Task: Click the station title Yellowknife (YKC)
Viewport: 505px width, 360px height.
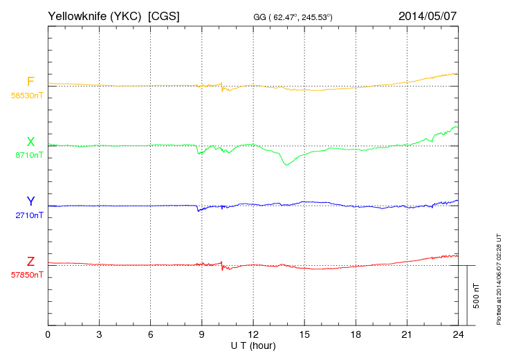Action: (95, 15)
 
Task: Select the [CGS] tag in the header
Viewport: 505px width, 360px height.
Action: (164, 15)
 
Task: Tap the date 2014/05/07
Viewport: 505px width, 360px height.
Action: (428, 15)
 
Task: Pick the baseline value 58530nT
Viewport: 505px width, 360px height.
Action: (27, 96)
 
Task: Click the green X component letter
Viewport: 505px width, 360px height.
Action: (30, 142)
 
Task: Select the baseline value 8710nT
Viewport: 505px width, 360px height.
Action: (29, 155)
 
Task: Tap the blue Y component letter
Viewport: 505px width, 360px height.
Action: (30, 201)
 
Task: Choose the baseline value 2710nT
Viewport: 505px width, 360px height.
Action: (29, 215)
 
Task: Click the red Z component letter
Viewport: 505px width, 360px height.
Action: (30, 262)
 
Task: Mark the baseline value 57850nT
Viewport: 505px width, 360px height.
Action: (27, 275)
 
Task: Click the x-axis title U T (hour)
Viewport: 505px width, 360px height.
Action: (253, 345)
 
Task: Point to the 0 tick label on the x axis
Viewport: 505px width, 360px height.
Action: (48, 334)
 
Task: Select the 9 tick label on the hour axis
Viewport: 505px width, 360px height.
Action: (201, 334)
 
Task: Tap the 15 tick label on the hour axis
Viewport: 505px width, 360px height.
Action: (304, 334)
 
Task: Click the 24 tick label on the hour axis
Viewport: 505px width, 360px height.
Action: (458, 334)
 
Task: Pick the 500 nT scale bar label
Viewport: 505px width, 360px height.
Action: (476, 295)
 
